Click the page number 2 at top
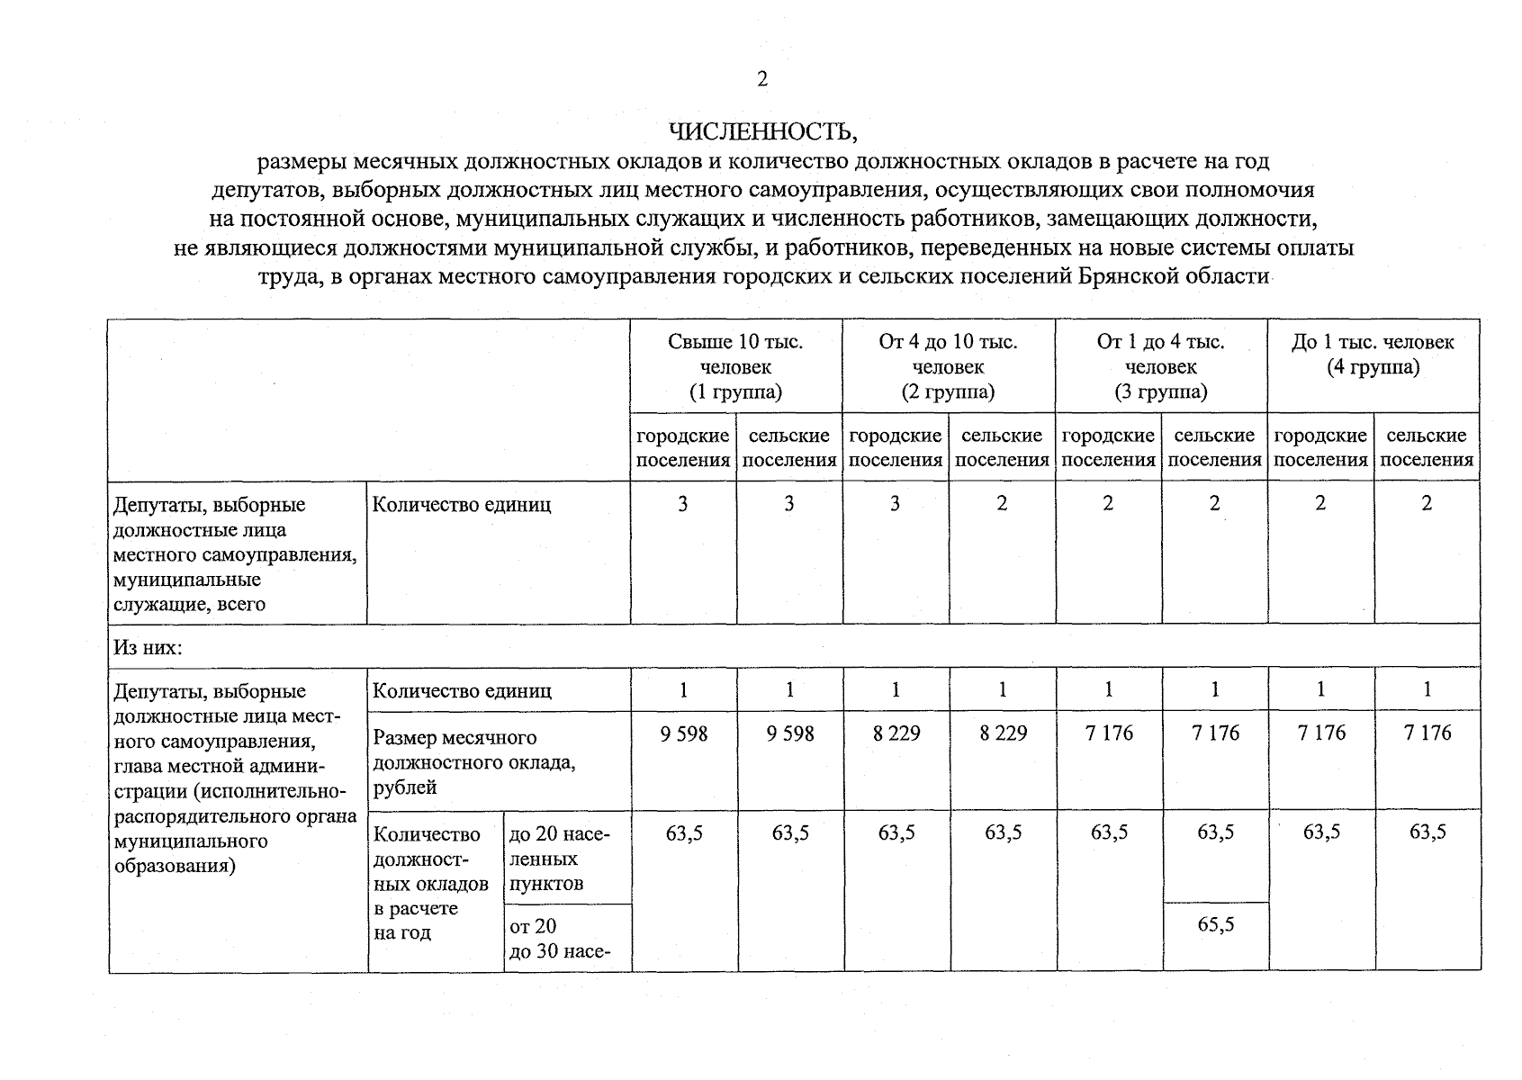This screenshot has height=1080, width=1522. [x=762, y=80]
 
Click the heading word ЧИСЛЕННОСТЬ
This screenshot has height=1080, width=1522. [x=763, y=133]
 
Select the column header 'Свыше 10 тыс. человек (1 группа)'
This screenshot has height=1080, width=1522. [x=735, y=366]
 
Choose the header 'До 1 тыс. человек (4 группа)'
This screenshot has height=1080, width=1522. [x=1373, y=355]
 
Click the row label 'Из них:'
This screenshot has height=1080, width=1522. [x=147, y=647]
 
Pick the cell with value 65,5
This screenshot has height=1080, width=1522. [x=1215, y=924]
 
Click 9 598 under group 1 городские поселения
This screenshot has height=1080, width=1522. [x=683, y=733]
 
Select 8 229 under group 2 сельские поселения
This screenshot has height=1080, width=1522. [x=1003, y=733]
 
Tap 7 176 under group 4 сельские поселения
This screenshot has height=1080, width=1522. [x=1427, y=733]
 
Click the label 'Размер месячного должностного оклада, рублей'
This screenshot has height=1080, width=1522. [x=474, y=762]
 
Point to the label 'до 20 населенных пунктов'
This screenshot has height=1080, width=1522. [x=559, y=859]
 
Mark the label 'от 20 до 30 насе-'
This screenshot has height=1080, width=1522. [x=559, y=938]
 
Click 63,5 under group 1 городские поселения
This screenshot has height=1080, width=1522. [x=683, y=832]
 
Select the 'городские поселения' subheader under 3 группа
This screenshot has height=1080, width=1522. [x=1108, y=447]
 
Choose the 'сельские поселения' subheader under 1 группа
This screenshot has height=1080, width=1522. [x=789, y=447]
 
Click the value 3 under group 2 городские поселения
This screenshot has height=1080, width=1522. [x=895, y=504]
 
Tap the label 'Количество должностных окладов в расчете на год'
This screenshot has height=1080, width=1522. [x=430, y=883]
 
